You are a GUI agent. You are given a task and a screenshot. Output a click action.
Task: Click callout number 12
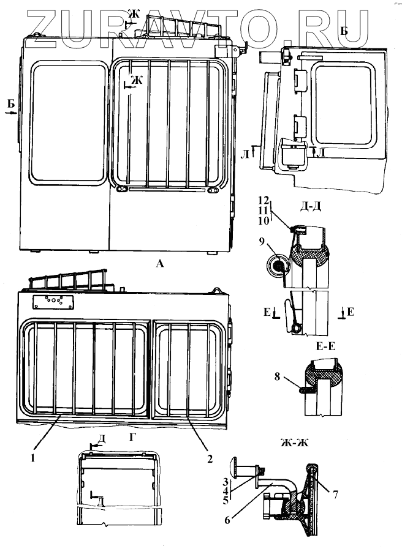(264, 200)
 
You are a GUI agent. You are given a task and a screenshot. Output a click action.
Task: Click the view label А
(160, 264)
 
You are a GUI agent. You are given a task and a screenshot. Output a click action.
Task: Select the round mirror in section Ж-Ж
(236, 470)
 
